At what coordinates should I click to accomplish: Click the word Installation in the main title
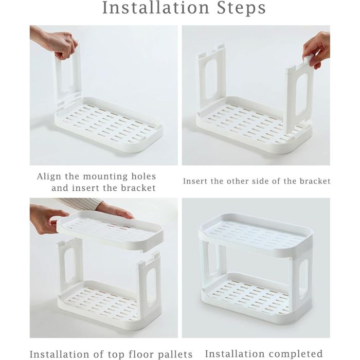156,8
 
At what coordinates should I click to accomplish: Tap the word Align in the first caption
49,177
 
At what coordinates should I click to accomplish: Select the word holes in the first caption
143,176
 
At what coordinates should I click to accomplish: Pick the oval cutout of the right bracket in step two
301,95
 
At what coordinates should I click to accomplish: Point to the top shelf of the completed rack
256,236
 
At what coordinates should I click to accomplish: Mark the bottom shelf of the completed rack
256,298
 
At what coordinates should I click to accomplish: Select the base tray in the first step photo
109,125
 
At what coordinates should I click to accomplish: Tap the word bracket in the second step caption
315,181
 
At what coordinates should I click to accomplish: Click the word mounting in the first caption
105,177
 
